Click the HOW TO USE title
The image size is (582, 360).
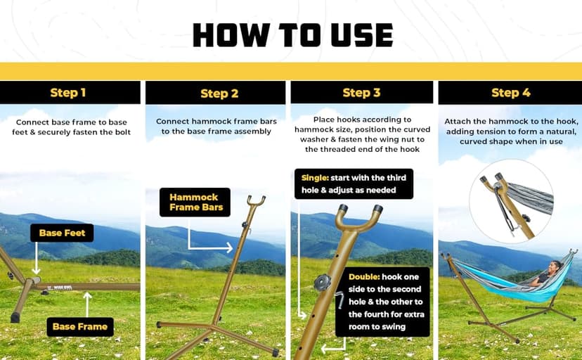pos(293,35)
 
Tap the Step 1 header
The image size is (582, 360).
pos(68,92)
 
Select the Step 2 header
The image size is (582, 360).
pos(219,94)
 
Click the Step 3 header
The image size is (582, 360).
pos(361,92)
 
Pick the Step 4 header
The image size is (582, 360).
pos(511,92)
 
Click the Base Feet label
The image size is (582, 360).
pos(62,233)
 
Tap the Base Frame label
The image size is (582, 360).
pos(80,326)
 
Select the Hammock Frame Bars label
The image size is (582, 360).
pos(195,202)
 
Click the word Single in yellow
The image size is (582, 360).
pos(315,178)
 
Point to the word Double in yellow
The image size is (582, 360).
pos(364,277)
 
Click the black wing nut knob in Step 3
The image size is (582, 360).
pos(322,283)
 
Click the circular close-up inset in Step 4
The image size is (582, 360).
pos(511,202)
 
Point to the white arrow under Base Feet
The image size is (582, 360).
pos(36,258)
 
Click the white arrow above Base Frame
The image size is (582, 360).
pos(87,304)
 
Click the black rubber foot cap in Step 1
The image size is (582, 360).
pos(15,317)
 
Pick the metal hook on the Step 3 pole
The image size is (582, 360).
pos(339,300)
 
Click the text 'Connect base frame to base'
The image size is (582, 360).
pos(71,122)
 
